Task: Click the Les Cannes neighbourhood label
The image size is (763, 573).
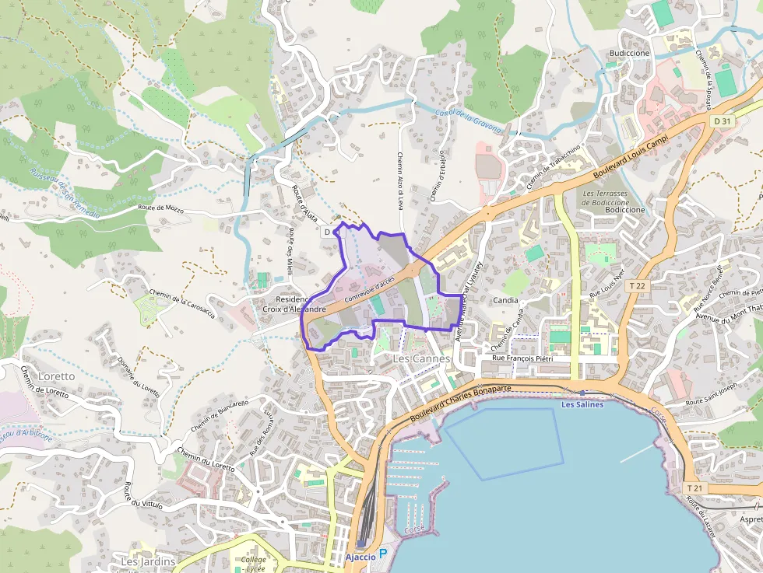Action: [421, 359]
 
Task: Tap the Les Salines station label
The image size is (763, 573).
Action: [582, 405]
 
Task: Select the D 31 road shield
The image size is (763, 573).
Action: [722, 121]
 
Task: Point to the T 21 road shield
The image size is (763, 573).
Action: [695, 487]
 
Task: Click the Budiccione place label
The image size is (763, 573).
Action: [629, 54]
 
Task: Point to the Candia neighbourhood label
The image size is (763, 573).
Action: [505, 299]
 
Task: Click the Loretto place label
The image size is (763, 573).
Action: [54, 376]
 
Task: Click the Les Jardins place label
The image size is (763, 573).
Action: [148, 561]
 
